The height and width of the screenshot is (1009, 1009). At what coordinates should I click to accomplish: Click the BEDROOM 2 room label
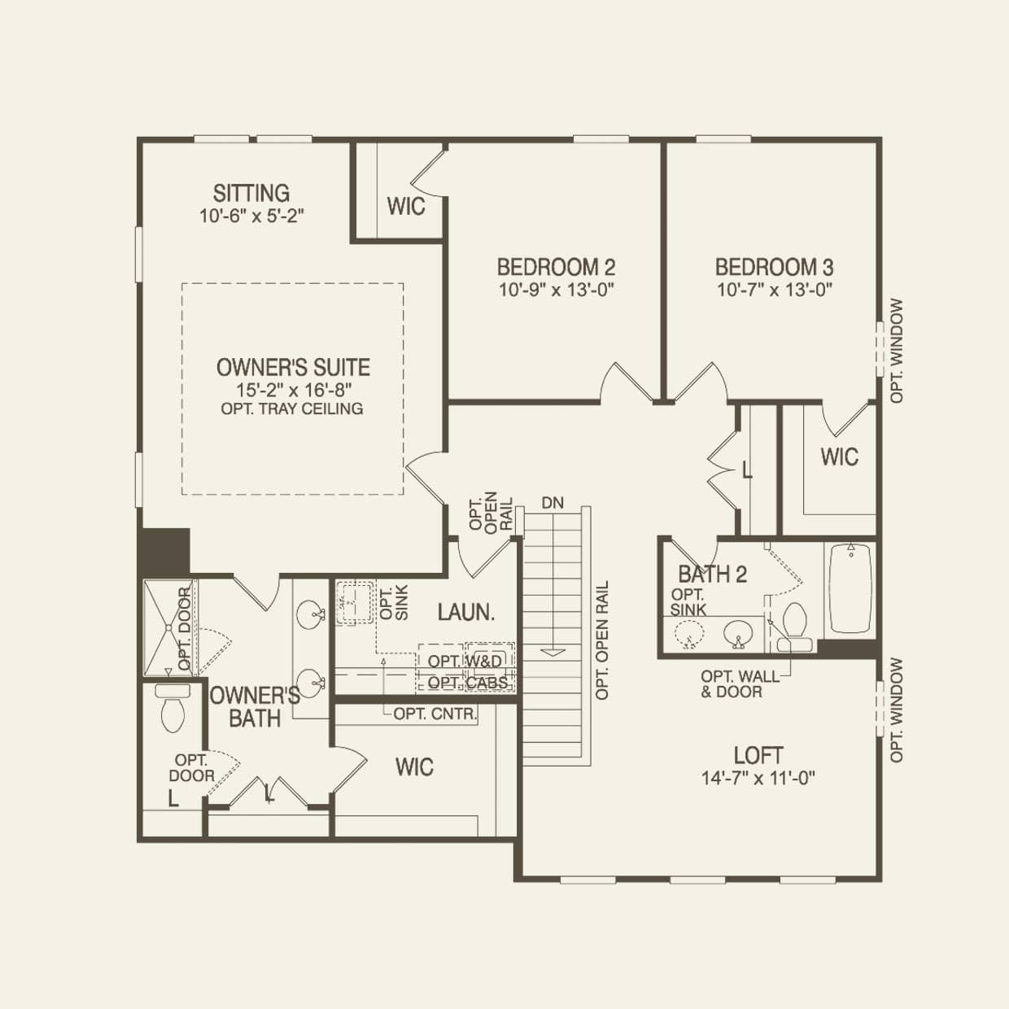556,267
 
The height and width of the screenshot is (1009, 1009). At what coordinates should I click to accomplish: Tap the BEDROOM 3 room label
774,267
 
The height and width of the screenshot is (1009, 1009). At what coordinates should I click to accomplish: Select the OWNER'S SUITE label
293,367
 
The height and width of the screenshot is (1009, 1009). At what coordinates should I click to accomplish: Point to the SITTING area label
251,194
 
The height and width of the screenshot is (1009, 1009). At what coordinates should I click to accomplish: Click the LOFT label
758,755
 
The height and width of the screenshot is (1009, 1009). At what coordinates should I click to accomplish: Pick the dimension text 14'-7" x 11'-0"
758,779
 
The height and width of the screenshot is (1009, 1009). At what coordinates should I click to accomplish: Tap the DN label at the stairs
553,503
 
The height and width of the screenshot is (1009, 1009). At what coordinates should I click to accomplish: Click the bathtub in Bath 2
851,588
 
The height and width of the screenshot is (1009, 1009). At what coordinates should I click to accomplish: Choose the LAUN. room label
466,612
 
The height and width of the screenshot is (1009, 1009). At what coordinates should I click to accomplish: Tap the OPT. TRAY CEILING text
292,408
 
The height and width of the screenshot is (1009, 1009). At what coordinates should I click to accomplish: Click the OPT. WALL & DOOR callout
732,684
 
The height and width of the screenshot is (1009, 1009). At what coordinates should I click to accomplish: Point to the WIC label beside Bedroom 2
406,206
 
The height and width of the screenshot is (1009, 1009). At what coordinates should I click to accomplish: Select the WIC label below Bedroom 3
839,456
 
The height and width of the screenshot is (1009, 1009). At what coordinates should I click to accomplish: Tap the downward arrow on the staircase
553,650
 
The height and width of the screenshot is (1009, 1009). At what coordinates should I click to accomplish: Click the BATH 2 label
712,574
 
